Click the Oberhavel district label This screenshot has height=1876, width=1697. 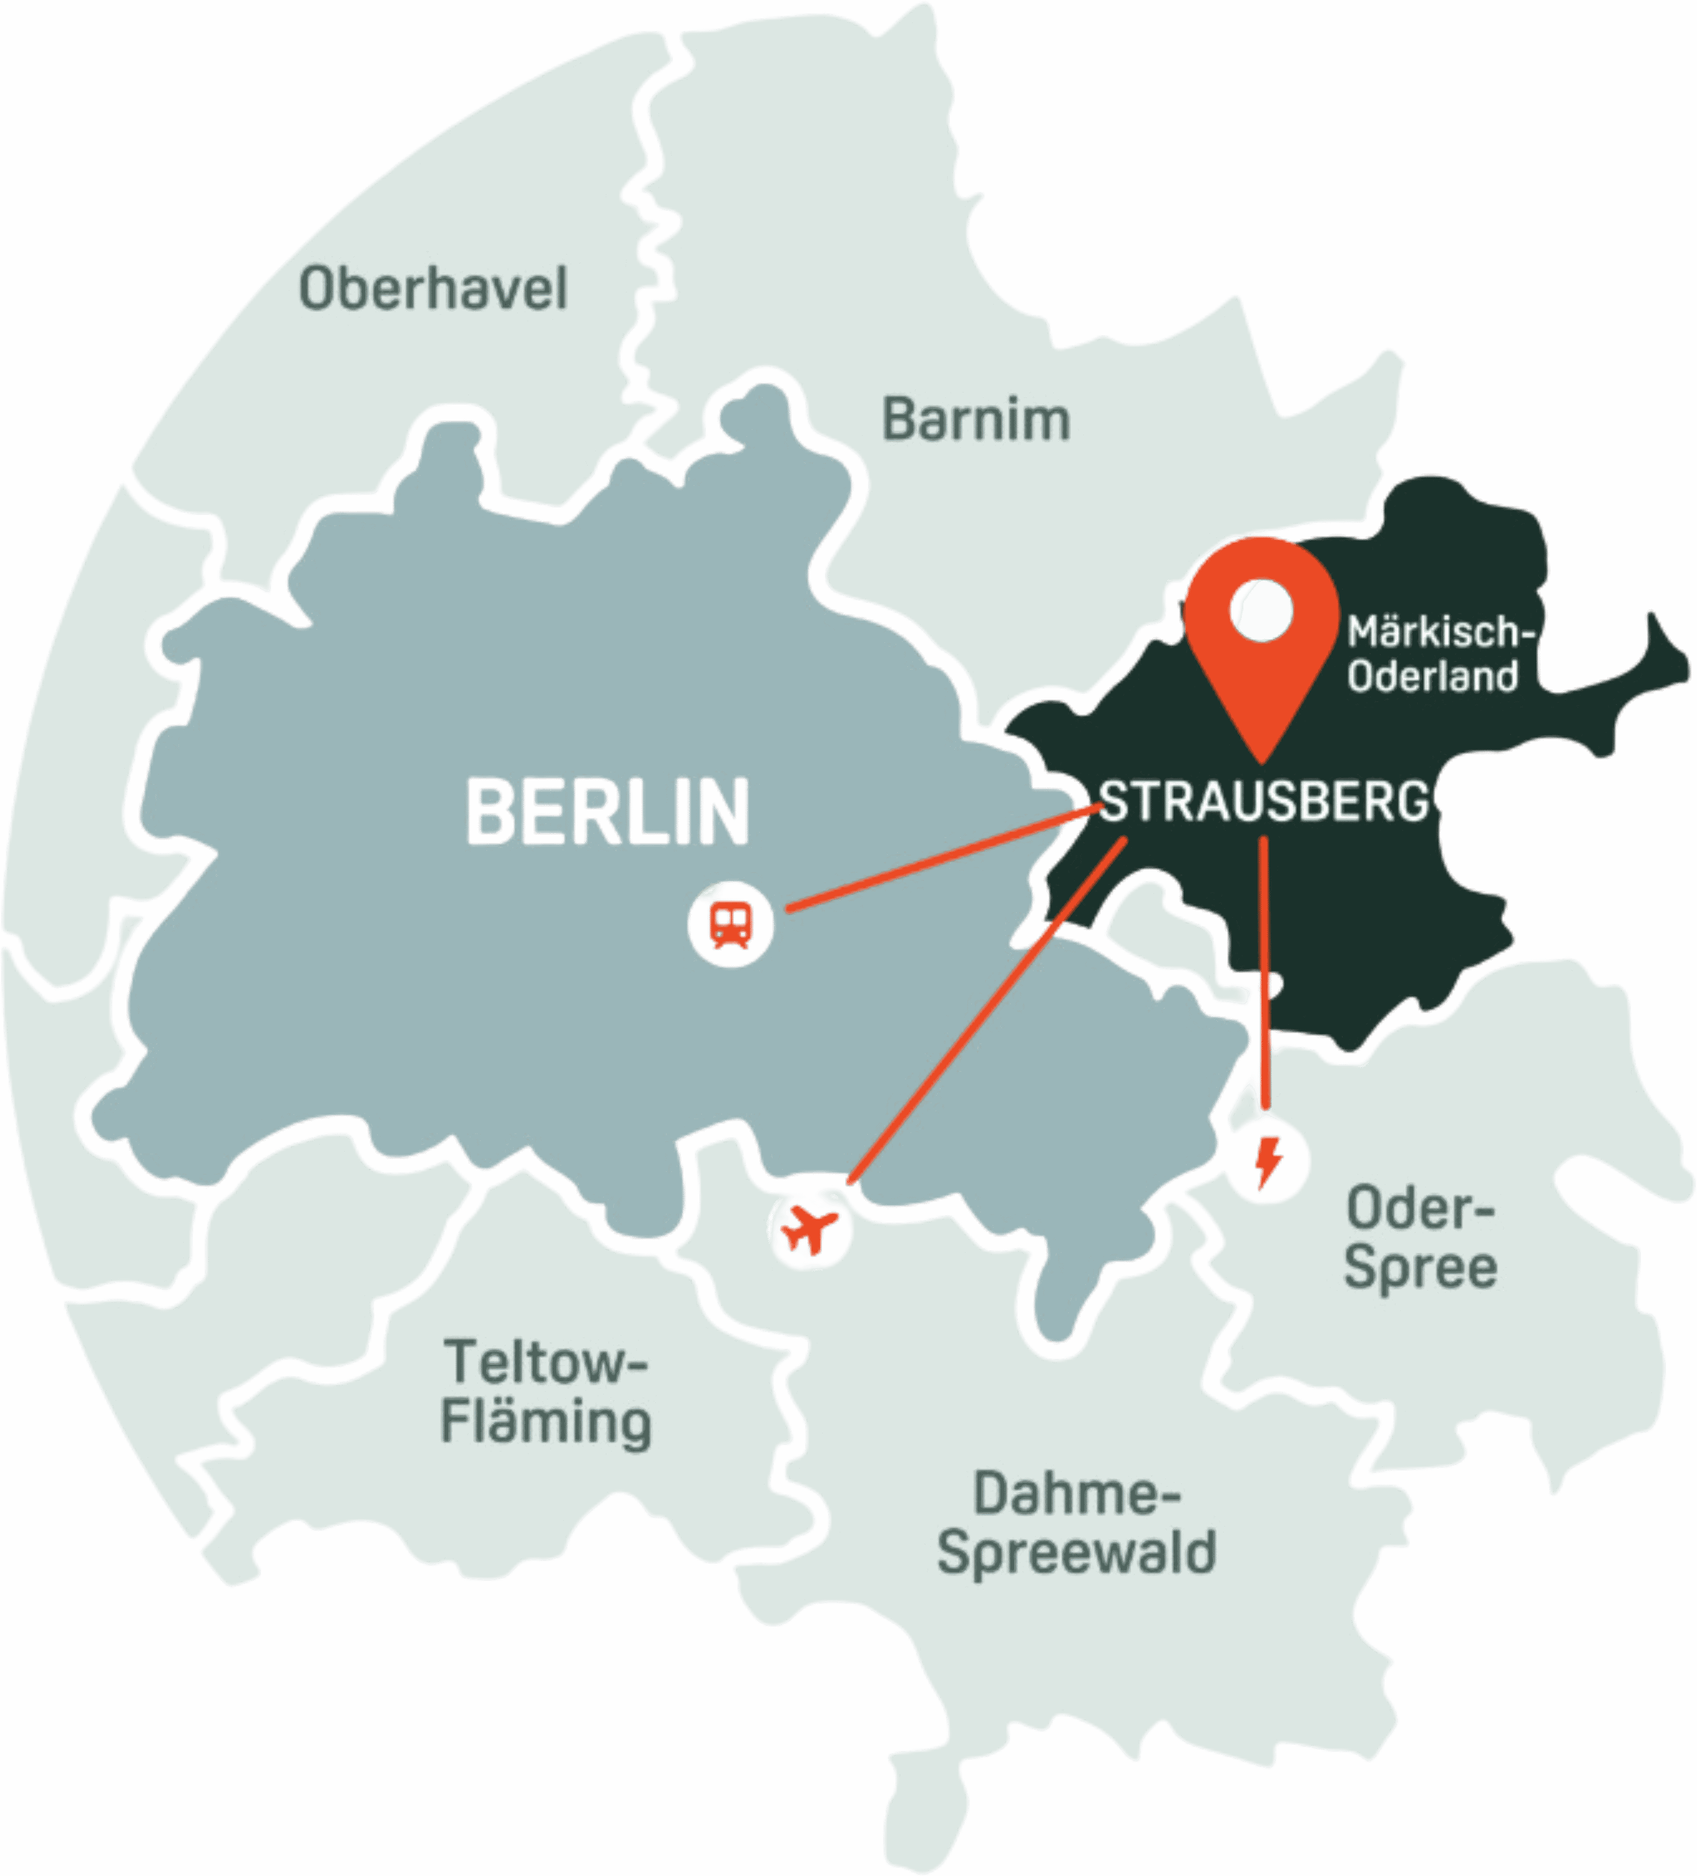(433, 289)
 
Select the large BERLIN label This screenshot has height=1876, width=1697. (608, 812)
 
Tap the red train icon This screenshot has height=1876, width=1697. (730, 924)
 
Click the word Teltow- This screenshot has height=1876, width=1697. (545, 1363)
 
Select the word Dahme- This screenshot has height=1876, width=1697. (1076, 1494)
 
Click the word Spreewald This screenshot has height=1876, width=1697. (1076, 1552)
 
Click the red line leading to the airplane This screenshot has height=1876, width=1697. (987, 1013)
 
